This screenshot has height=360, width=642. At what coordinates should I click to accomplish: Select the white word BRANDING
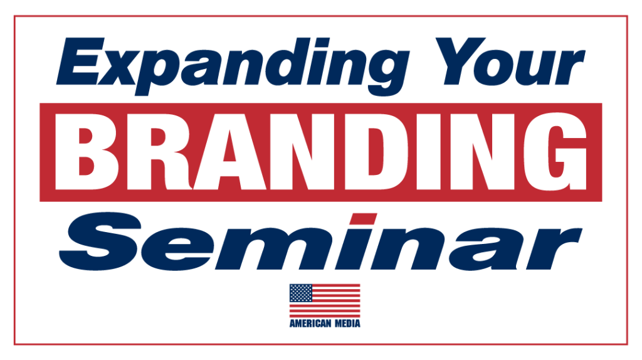click(x=322, y=152)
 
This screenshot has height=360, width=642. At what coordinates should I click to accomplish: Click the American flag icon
click(x=325, y=300)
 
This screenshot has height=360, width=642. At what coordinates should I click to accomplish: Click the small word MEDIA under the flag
click(x=346, y=324)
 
